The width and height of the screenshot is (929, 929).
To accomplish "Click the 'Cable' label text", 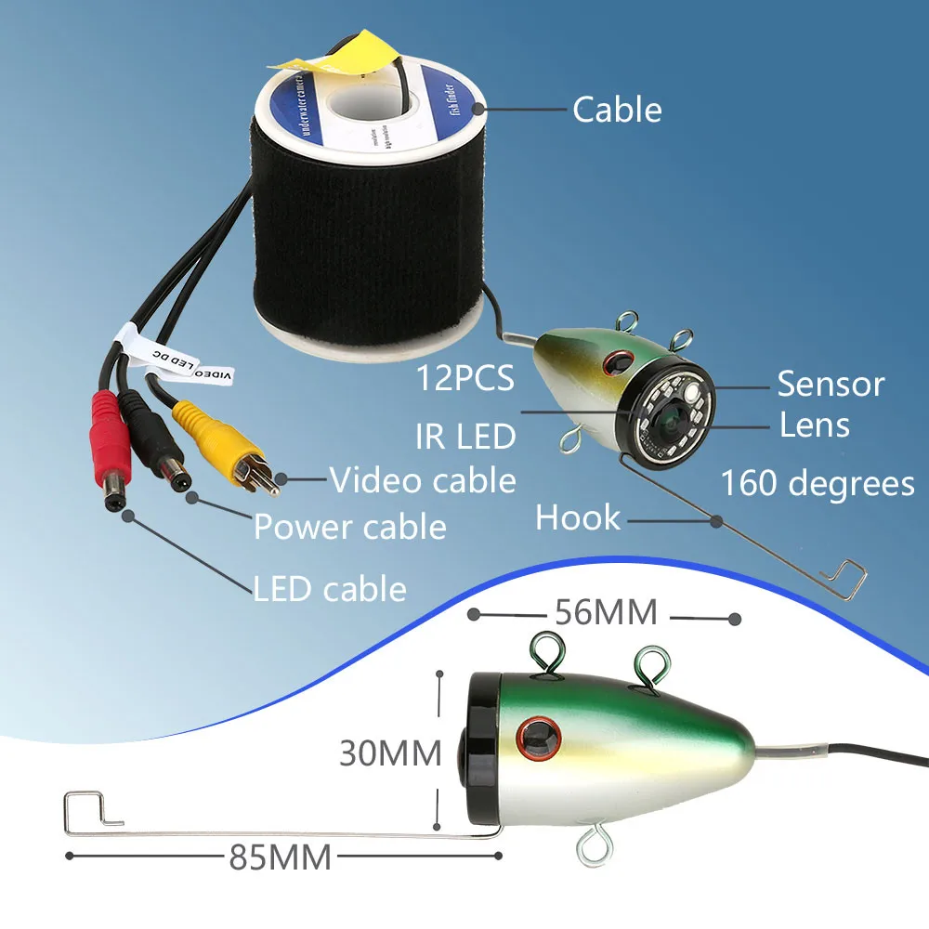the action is coord(617,110).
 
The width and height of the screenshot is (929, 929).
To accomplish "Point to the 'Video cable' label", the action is coord(423,480).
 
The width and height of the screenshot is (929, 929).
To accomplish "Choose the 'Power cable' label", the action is coord(350,527).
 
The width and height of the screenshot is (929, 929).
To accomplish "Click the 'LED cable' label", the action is coord(330,589).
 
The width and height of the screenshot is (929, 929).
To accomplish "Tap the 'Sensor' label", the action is coord(831,384).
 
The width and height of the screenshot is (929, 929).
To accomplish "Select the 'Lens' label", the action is coord(815,425).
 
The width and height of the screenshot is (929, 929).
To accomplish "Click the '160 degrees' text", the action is coord(818,483).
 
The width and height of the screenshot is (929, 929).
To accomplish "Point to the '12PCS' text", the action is coord(464,379).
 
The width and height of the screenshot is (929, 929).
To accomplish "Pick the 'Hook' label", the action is coord(578,518).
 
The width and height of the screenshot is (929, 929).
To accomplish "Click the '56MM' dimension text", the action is coord(606,613).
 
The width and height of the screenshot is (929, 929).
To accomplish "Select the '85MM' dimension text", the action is coord(280,857).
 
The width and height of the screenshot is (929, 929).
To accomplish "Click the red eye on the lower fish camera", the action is coord(535,737).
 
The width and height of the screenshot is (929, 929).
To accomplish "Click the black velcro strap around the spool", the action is coord(367,232).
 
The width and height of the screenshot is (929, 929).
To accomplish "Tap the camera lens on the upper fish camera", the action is coord(670,424).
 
